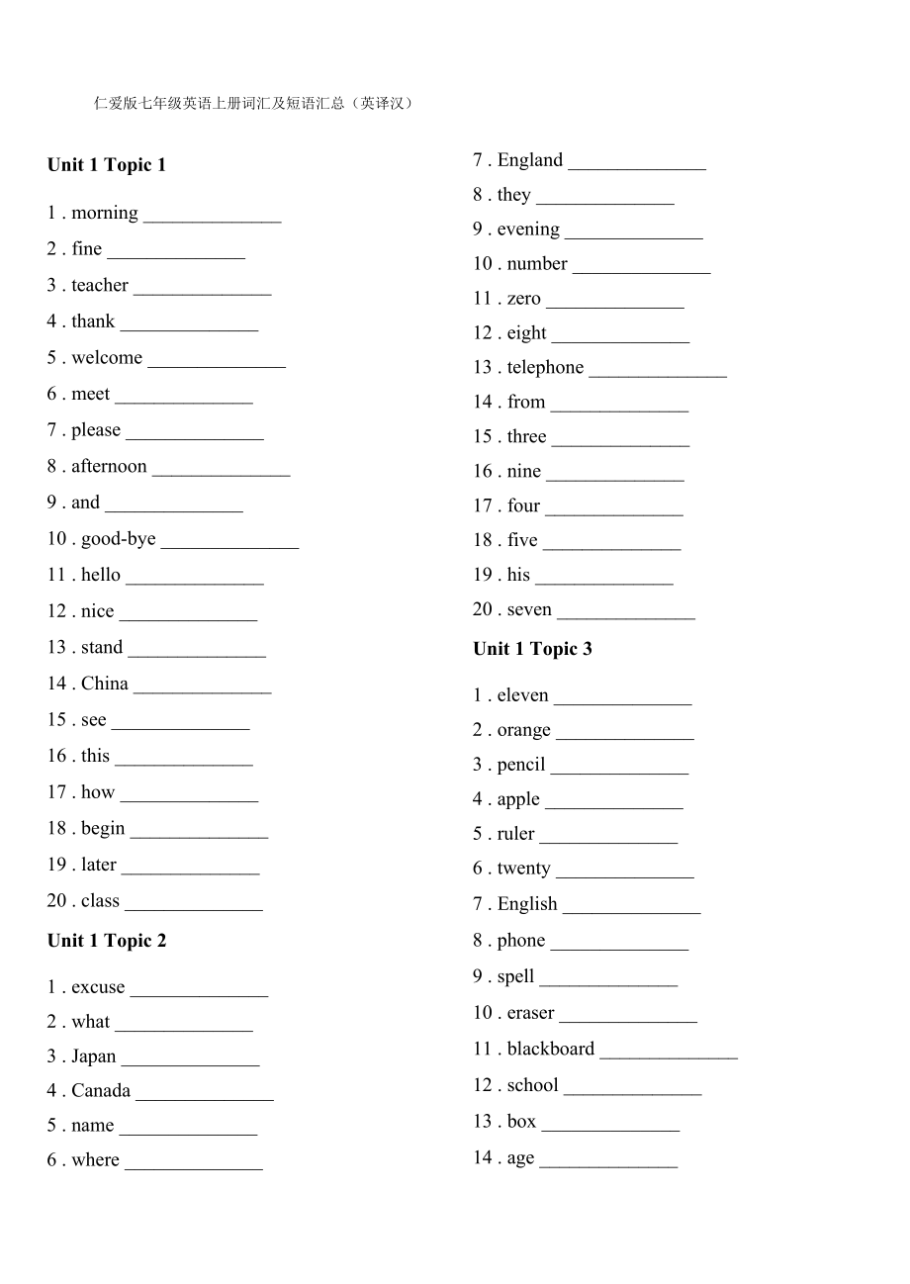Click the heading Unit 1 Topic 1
[107, 165]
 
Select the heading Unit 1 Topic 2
[107, 941]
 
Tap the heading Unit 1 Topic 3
[532, 649]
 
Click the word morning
[105, 213]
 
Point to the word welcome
[107, 357]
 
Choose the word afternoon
[109, 466]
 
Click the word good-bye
[119, 539]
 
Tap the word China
[105, 684]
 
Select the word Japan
[94, 1056]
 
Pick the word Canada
[101, 1091]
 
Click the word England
[530, 160]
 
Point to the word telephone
[545, 368]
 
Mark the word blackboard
[551, 1049]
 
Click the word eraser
[530, 1013]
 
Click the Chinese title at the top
[252, 103]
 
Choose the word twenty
[523, 869]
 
